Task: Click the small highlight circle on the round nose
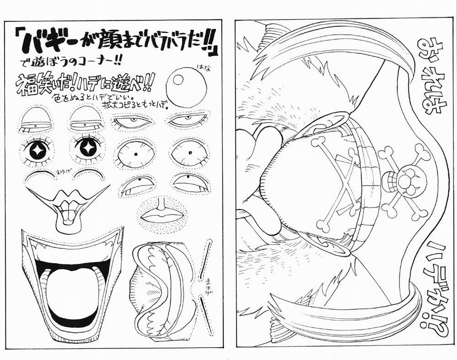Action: point(177,80)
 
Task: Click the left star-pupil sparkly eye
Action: point(37,149)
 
